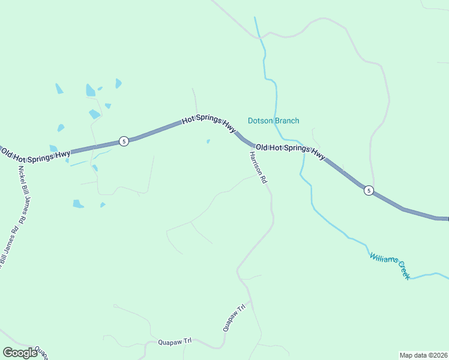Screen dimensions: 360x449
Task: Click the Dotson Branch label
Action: tap(273, 121)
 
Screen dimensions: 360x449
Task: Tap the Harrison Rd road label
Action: tap(258, 167)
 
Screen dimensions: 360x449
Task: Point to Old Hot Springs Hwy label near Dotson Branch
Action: tap(291, 151)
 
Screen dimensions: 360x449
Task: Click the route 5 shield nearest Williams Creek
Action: tap(369, 191)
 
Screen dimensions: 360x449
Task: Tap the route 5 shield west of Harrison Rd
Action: tap(123, 142)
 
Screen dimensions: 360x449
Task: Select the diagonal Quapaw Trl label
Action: tap(235, 318)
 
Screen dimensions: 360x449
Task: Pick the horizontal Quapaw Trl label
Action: tap(174, 341)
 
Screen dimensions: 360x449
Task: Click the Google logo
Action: tap(20, 352)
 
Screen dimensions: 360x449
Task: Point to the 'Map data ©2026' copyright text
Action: tap(423, 355)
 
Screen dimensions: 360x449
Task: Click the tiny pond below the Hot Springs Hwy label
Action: tap(208, 142)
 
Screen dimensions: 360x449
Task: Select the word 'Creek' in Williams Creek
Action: tap(402, 271)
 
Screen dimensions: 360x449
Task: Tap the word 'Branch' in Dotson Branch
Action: tap(286, 121)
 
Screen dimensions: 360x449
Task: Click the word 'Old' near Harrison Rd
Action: tap(261, 146)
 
